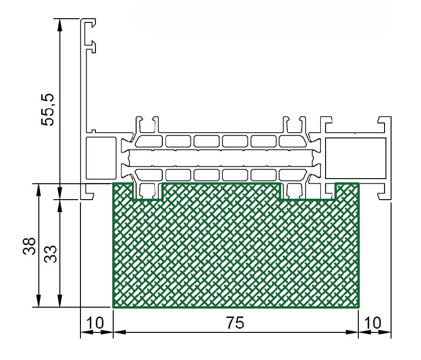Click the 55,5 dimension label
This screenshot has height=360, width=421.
48,110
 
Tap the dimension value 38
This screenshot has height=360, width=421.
29,246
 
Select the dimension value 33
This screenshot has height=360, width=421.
51,254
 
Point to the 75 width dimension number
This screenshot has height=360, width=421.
235,323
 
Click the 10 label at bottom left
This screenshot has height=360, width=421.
95,323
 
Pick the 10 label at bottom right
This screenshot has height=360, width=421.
372,323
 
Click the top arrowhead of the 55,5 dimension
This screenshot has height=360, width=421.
59,25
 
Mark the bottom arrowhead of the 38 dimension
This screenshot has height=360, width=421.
39,301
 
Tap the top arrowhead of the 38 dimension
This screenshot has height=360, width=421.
39,190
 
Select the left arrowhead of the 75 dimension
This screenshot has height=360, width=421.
120,332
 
